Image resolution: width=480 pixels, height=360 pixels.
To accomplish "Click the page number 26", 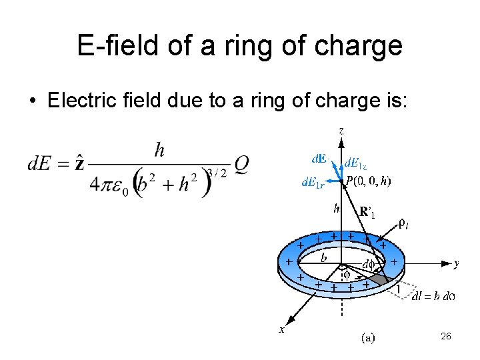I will coord(446,337).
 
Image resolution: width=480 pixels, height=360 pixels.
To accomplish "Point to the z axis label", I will coord(341,131).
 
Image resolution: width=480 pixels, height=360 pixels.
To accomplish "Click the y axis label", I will coord(456,263).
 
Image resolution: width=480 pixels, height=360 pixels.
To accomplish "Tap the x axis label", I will coord(281,329).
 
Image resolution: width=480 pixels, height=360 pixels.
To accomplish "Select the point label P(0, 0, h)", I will coord(369,180).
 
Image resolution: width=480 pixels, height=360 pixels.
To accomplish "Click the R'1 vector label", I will coord(367,213).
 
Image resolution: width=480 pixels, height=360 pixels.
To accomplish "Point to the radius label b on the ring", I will coord(324,257).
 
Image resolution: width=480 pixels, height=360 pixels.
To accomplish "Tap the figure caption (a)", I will coord(367,338).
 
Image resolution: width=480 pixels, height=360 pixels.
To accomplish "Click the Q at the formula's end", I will coord(241,164).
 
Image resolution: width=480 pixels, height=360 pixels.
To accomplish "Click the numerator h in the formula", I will coord(159,151).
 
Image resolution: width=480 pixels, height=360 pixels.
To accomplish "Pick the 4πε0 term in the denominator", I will coord(110,185).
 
